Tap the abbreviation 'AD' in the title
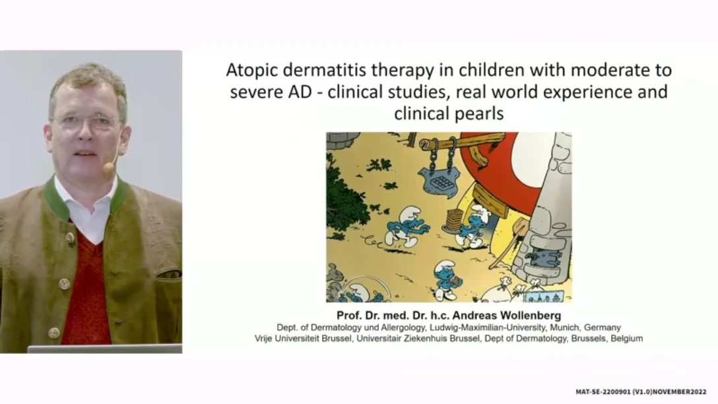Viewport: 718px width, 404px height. (300, 92)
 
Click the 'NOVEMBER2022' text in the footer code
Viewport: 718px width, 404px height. (680, 392)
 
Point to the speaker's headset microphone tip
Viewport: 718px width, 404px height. (108, 168)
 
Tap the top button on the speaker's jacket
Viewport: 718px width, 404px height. (69, 238)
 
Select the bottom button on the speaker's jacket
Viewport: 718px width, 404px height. (54, 333)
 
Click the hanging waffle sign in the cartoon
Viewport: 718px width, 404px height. (440, 180)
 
